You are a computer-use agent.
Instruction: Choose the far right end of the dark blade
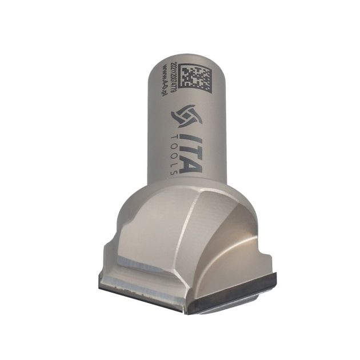point(275,278)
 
